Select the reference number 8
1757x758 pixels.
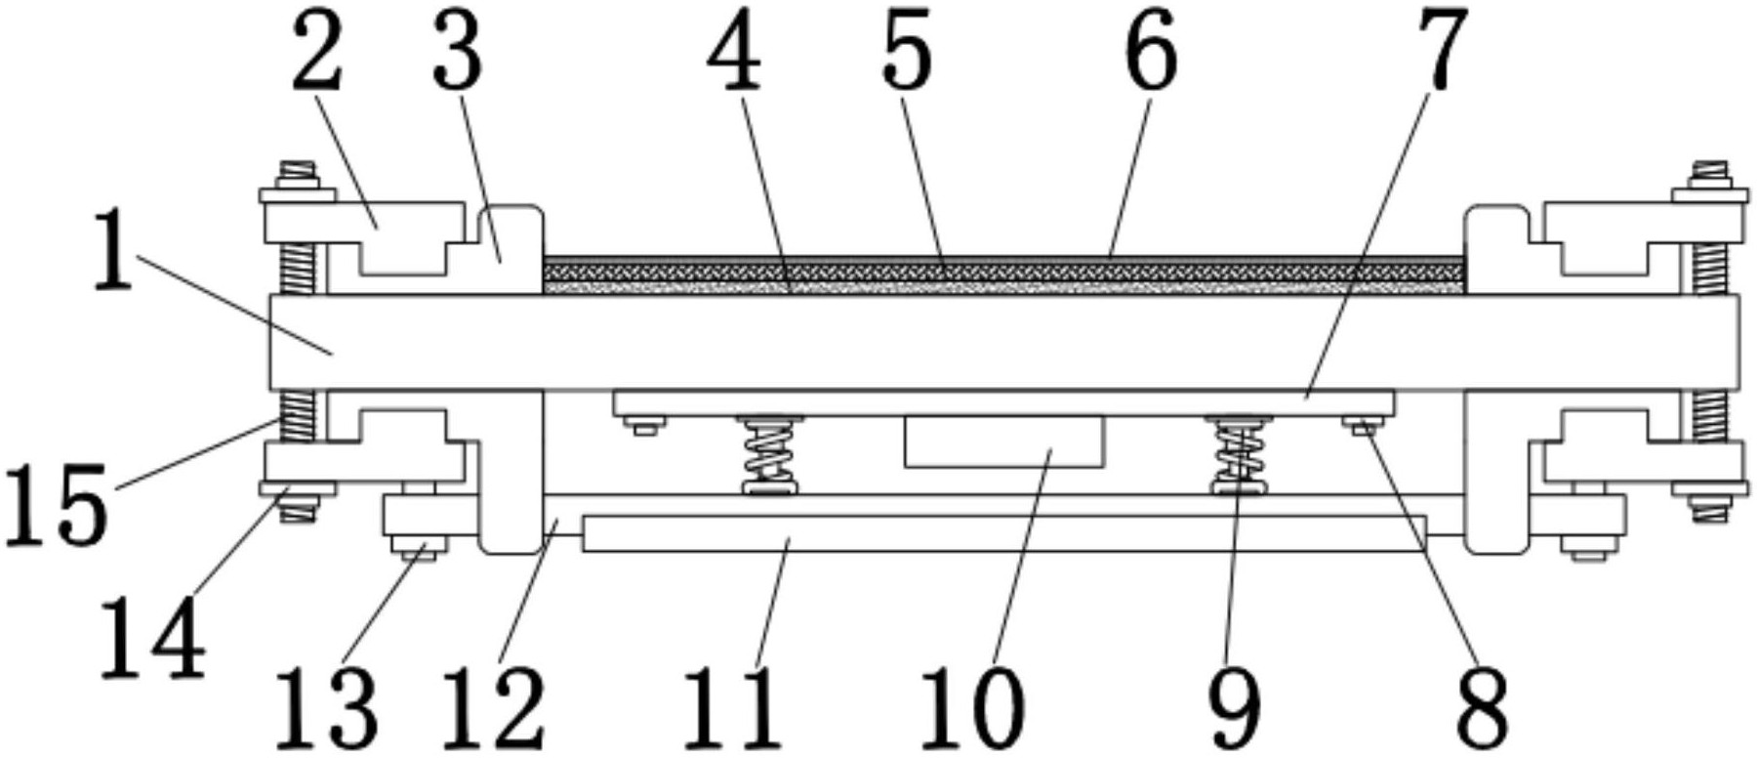[1482, 705]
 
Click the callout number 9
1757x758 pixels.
[1234, 705]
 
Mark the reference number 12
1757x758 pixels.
[495, 705]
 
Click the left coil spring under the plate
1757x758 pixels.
[770, 455]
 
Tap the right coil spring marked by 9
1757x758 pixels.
[1240, 455]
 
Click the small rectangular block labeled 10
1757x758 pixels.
[1004, 441]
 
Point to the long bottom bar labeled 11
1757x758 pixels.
[1003, 533]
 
